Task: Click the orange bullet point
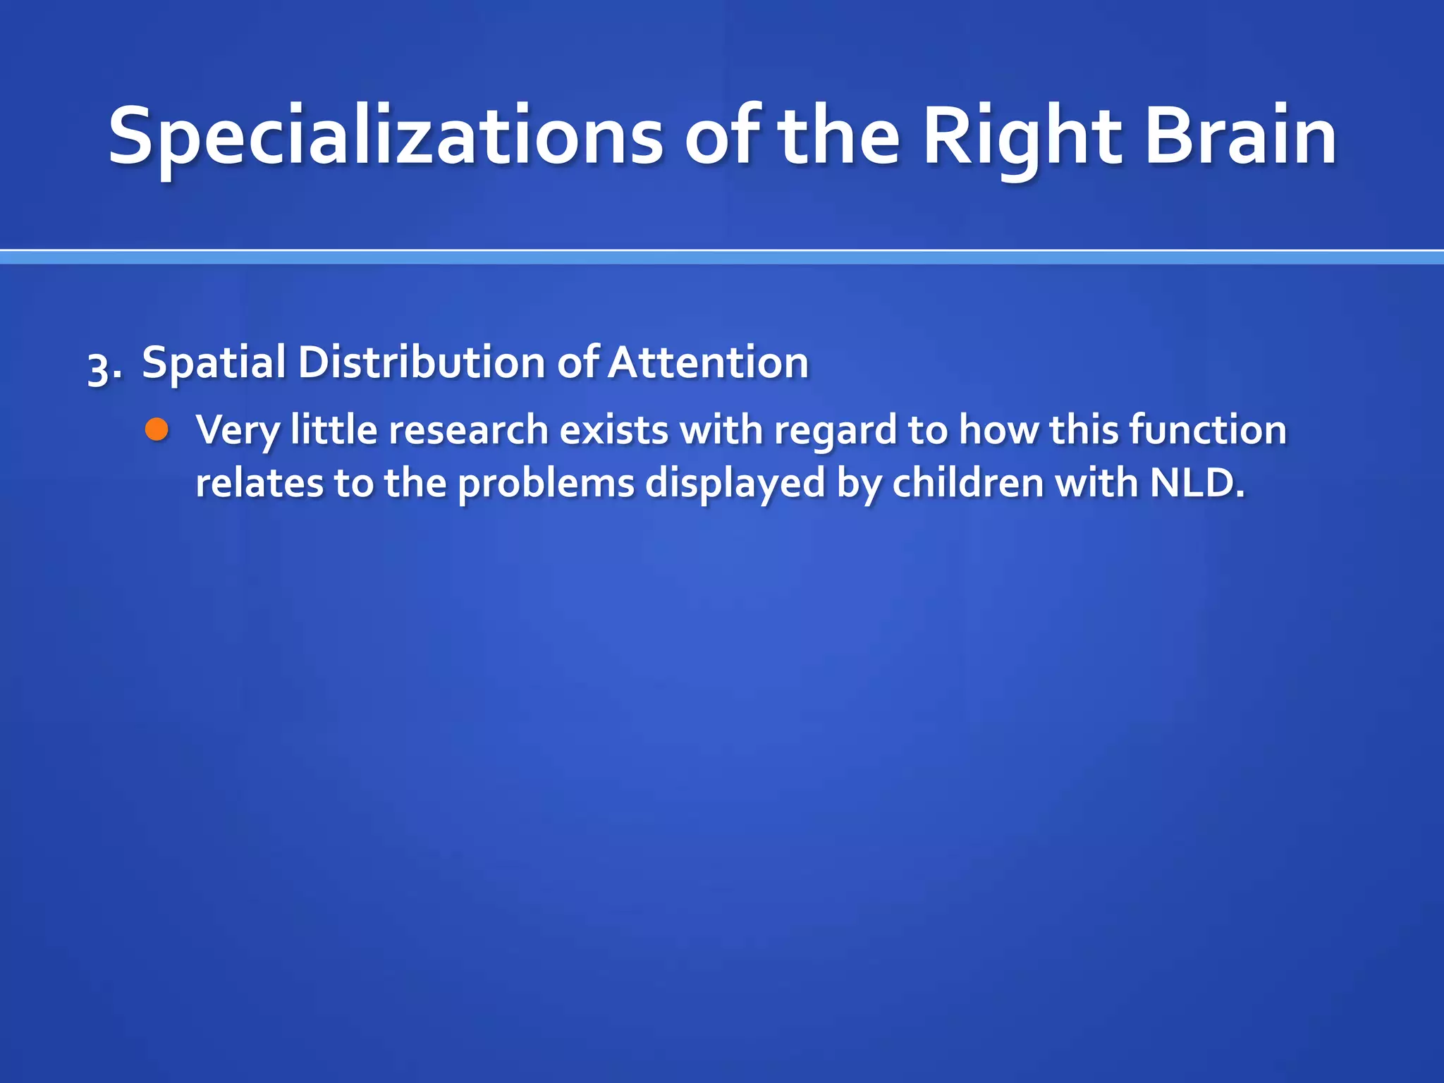pos(157,429)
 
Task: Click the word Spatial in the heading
pos(213,363)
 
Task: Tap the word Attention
pos(708,363)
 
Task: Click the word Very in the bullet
pos(238,430)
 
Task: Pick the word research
pos(468,430)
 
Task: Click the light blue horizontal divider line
pos(722,258)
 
